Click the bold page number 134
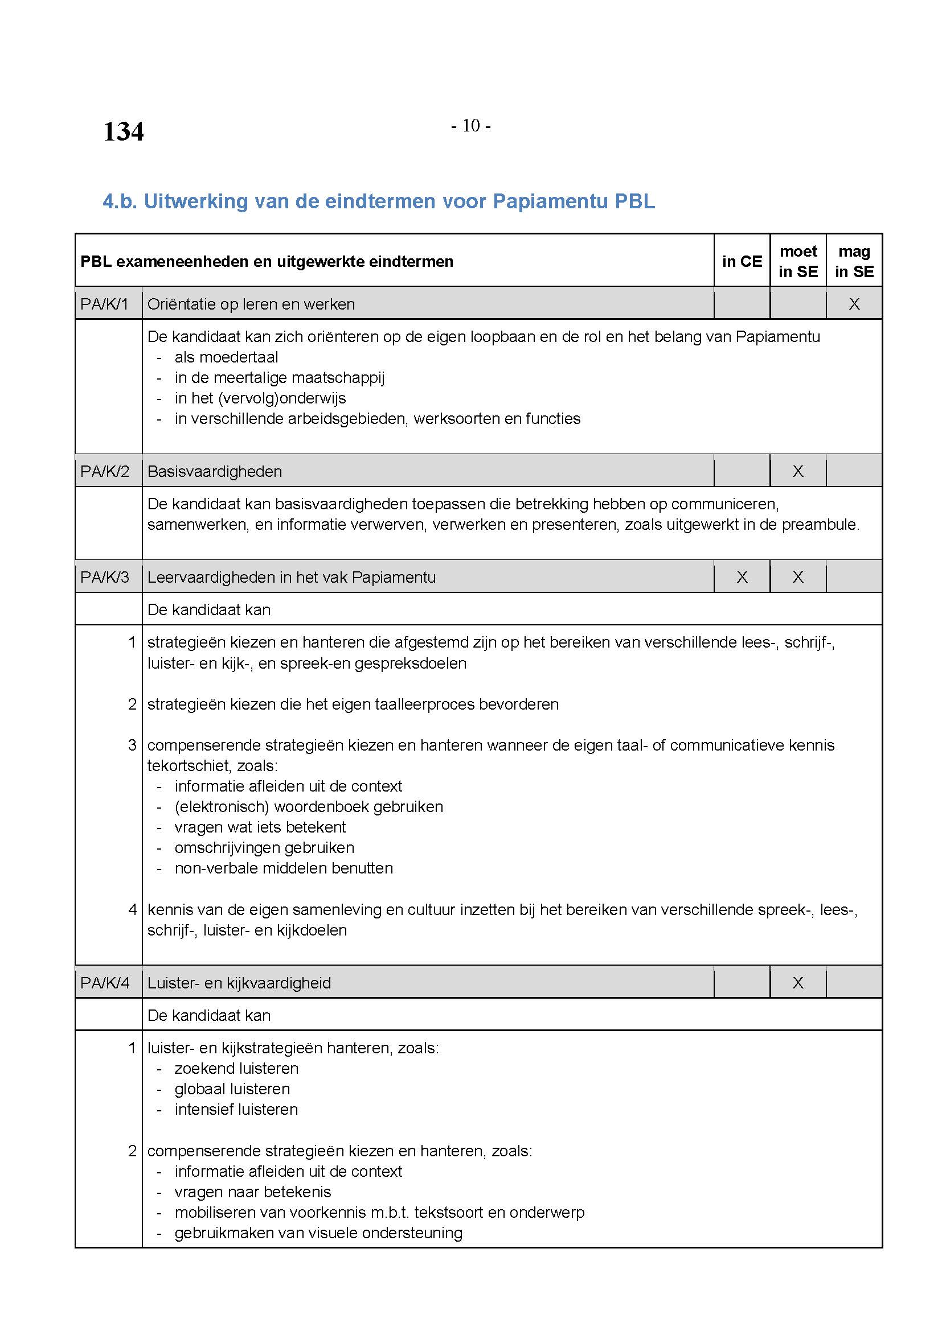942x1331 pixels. (x=123, y=131)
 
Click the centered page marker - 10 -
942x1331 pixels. (x=470, y=126)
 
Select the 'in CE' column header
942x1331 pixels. (x=742, y=261)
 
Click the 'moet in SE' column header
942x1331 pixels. (x=798, y=261)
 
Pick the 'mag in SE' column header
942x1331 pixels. (x=854, y=261)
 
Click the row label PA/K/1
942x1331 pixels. (x=104, y=304)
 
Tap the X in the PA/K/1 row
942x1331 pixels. (x=854, y=304)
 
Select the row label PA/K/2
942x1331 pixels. (x=104, y=471)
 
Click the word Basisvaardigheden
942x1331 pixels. (x=215, y=471)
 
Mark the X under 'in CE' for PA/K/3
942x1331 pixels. (x=742, y=577)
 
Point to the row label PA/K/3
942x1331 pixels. (x=104, y=577)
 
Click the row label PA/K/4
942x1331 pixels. (x=104, y=983)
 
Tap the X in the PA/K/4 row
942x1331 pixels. (x=798, y=983)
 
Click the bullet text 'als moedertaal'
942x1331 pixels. (x=226, y=357)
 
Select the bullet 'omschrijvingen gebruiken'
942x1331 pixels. (x=264, y=847)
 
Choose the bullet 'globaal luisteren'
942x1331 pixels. (x=232, y=1089)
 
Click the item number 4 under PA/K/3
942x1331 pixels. (x=132, y=909)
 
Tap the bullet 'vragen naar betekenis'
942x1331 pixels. (x=252, y=1192)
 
